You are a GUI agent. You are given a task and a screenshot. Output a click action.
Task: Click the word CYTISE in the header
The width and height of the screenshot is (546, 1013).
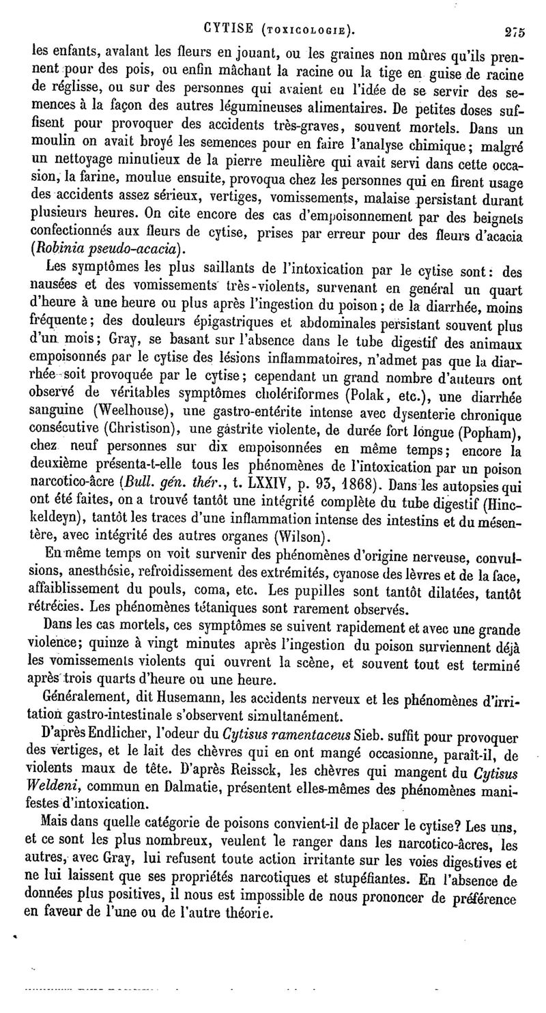(231, 29)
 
